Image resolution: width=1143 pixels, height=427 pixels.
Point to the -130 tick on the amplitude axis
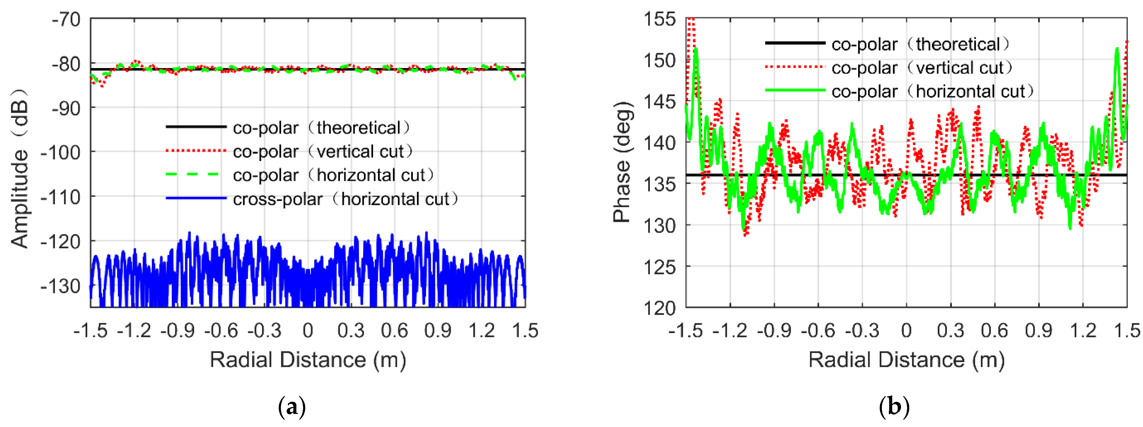(x=60, y=287)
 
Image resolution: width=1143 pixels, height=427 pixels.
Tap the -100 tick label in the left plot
(x=60, y=153)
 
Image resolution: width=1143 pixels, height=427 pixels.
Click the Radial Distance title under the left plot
(x=308, y=360)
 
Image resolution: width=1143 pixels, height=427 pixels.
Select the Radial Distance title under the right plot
(x=906, y=360)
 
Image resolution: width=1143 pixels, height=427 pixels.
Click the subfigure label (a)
(x=292, y=407)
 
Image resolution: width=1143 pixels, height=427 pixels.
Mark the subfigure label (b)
(x=894, y=407)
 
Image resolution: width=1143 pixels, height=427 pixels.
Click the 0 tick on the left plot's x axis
(x=308, y=331)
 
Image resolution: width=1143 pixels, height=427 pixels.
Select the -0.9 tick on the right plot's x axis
(x=774, y=331)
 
